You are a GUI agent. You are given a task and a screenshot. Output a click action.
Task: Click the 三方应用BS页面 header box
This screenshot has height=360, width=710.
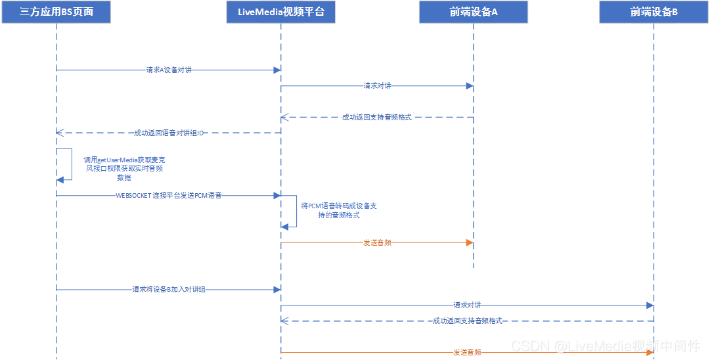point(56,12)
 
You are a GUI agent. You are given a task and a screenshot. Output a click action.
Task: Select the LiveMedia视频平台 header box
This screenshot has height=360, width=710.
point(280,12)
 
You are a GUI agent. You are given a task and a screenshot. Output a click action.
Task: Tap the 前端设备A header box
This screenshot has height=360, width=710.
point(473,12)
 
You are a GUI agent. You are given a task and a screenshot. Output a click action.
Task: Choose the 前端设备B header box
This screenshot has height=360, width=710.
point(654,12)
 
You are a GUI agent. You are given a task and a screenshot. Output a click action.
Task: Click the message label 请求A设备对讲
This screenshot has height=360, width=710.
point(169,70)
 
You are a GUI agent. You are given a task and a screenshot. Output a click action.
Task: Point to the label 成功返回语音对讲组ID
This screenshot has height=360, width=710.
point(169,133)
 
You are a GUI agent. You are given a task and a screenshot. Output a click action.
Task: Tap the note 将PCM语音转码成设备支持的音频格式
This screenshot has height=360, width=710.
point(338,210)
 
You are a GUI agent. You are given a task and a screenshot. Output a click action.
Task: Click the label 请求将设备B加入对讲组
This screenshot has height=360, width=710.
point(169,289)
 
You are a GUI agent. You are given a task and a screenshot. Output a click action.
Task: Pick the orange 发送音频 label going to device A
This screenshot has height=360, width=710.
point(378,242)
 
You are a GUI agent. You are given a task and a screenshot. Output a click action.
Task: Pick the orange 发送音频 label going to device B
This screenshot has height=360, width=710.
point(467,353)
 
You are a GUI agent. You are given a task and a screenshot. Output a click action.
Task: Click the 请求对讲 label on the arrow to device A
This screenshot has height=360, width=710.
point(378,85)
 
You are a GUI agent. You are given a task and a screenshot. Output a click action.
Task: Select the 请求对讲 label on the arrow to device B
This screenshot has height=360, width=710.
point(467,305)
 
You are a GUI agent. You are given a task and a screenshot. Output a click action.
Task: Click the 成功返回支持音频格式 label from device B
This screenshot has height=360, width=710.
point(467,321)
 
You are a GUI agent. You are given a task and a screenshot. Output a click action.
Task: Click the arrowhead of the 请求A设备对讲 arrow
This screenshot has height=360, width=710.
point(277,70)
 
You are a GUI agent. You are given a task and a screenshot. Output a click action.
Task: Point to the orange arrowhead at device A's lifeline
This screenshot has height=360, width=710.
point(470,242)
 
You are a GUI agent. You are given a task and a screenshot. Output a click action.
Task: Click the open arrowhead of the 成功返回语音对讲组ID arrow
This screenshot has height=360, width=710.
point(60,133)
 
